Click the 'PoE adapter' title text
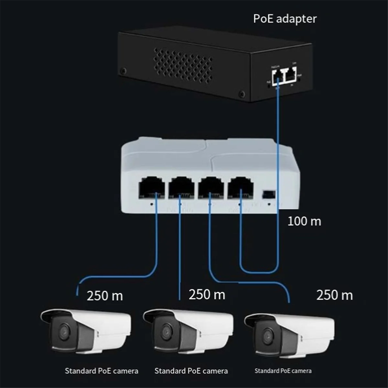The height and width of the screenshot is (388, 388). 285,19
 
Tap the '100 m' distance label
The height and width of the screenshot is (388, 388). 304,221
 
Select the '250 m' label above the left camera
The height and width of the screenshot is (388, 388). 105,296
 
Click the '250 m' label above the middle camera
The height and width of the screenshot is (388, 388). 207,295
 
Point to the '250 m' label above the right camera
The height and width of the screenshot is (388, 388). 334,295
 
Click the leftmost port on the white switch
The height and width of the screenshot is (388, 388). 151,188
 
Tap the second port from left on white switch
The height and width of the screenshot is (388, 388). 181,188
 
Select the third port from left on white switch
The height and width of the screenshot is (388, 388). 211,188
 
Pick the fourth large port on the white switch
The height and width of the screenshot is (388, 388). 240,188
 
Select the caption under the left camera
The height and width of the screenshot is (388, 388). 101,371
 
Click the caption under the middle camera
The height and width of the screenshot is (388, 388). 191,371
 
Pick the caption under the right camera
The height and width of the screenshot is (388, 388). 283,371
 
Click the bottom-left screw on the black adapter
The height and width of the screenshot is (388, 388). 123,70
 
